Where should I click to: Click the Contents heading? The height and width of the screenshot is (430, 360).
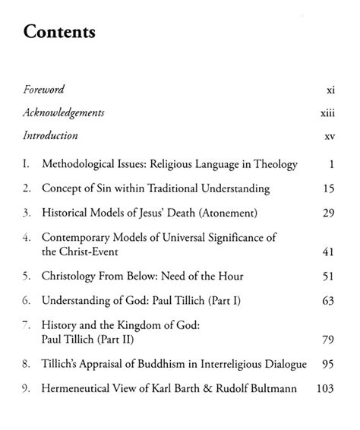pos(60,33)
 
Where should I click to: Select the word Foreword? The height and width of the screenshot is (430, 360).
pos(45,90)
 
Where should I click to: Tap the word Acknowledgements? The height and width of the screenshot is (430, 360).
pos(64,113)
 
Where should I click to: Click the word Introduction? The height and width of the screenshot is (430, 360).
pos(50,137)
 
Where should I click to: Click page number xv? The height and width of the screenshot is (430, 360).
pos(330,137)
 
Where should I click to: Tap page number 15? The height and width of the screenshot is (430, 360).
pos(328,188)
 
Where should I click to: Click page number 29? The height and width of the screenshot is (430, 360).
pos(328,212)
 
